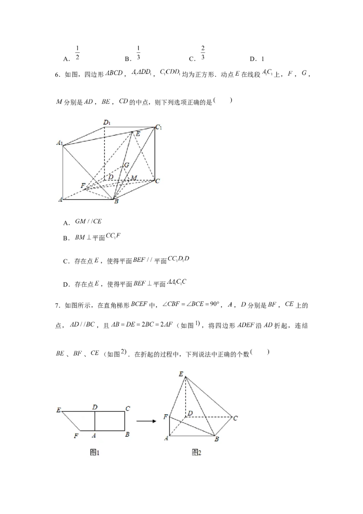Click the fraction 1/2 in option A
pyautogui.click(x=77, y=53)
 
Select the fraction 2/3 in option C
pyautogui.click(x=203, y=53)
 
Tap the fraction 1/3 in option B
pyautogui.click(x=138, y=53)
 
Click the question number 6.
pyautogui.click(x=57, y=74)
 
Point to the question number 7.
pyautogui.click(x=57, y=306)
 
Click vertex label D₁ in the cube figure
pyautogui.click(x=107, y=123)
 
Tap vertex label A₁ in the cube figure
pyautogui.click(x=59, y=143)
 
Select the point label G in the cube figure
pyautogui.click(x=127, y=165)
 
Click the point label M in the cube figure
pyautogui.click(x=134, y=178)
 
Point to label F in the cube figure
pyautogui.click(x=83, y=186)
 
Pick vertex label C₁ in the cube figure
pyautogui.click(x=158, y=127)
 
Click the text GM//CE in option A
pyautogui.click(x=88, y=221)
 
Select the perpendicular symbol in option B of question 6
pyautogui.click(x=89, y=237)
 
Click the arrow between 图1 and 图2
pyautogui.click(x=146, y=421)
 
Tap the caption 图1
pyautogui.click(x=95, y=453)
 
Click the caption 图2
pyautogui.click(x=196, y=453)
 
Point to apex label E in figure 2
pyautogui.click(x=181, y=374)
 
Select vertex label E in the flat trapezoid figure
pyautogui.click(x=59, y=410)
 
